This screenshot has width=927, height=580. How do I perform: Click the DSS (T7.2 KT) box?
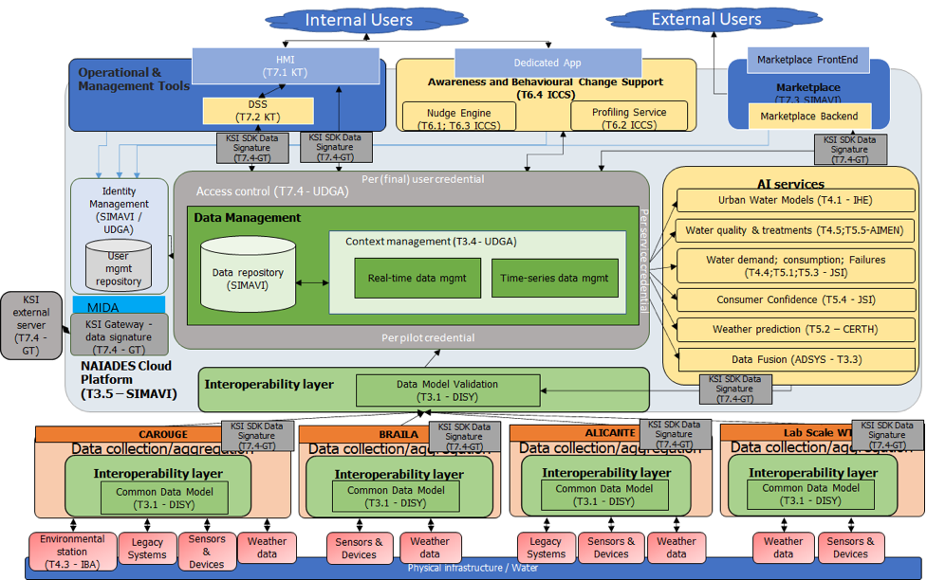click(x=258, y=110)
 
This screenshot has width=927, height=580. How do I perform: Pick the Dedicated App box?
click(x=547, y=63)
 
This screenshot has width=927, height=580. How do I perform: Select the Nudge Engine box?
click(x=458, y=118)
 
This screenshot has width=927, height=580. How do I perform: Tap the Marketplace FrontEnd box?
click(x=806, y=61)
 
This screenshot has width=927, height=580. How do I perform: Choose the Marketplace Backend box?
click(x=807, y=117)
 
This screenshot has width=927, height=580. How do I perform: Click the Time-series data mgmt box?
click(x=554, y=278)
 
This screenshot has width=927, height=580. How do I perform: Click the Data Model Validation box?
click(x=436, y=390)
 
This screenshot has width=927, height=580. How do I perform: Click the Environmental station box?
click(x=72, y=551)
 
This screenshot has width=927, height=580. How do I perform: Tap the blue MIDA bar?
click(x=119, y=306)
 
